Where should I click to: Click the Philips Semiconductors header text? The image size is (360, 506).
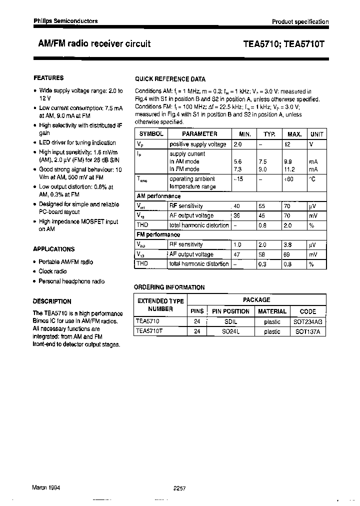(65, 21)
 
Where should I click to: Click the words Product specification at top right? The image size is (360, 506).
(300, 21)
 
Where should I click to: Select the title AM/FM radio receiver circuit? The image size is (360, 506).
(94, 43)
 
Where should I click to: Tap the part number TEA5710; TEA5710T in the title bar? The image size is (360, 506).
(283, 44)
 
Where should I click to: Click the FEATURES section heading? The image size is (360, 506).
(48, 78)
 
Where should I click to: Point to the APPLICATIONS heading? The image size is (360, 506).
(54, 249)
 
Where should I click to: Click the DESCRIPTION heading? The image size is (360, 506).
(52, 301)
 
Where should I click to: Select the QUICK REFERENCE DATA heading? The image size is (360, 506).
(170, 79)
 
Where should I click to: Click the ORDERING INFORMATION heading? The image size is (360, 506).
(169, 287)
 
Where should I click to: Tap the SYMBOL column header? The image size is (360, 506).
(151, 134)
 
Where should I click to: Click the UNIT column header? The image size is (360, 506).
(316, 134)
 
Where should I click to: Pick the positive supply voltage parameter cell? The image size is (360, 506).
(198, 144)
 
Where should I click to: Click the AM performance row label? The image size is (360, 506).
(158, 196)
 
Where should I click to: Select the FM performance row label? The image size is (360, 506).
(158, 234)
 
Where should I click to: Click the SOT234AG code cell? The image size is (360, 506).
(308, 322)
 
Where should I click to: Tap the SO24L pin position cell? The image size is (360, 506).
(230, 331)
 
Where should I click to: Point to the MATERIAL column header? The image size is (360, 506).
(272, 311)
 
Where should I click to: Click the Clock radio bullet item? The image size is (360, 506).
(52, 271)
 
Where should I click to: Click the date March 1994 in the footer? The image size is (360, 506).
(46, 487)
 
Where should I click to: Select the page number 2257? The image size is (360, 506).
(179, 488)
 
